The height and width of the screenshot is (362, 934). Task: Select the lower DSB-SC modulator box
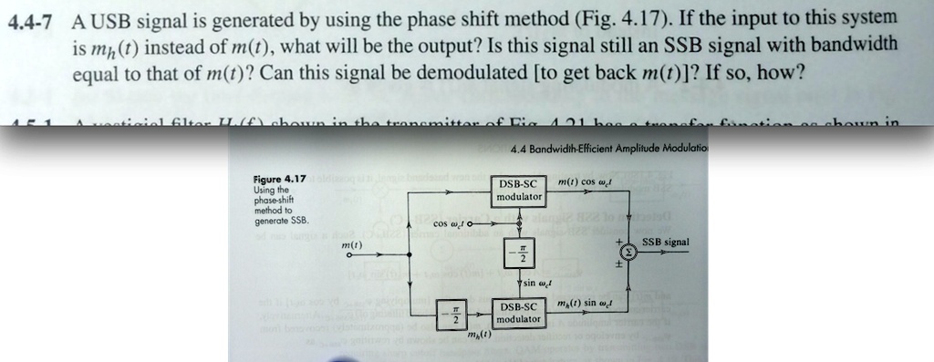pyautogui.click(x=519, y=313)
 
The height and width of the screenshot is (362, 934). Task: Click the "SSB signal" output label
pyautogui.click(x=666, y=243)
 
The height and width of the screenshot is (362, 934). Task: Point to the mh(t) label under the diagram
pyautogui.click(x=478, y=336)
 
